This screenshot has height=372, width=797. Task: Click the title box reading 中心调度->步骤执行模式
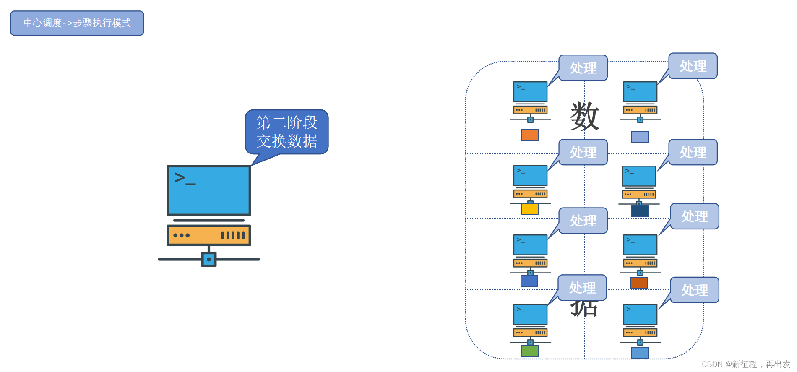coord(77,23)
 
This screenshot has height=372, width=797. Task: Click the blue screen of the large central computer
coord(209,190)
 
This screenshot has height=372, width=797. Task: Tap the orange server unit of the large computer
coord(209,235)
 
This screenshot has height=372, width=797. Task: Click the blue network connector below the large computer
coord(209,259)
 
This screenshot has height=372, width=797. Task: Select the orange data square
coord(530,135)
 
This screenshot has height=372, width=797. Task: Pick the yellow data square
coord(530,209)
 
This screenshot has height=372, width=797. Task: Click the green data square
coord(530,351)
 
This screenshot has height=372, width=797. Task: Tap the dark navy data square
coord(640,211)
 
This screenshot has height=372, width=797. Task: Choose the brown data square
coord(639,283)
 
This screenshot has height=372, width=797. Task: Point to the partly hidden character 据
coord(584,309)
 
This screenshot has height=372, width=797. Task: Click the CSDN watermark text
coord(746,364)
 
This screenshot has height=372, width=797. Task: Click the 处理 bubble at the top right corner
coord(693,66)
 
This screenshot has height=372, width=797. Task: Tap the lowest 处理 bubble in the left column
coord(582,288)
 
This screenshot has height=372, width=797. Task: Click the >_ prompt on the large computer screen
coord(185,179)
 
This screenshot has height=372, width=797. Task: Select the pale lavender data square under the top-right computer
coord(640,137)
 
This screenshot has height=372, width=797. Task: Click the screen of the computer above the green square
coord(530,315)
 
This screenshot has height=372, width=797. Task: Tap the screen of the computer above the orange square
coord(530,92)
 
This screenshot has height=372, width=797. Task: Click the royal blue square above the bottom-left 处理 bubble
coord(529,281)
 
